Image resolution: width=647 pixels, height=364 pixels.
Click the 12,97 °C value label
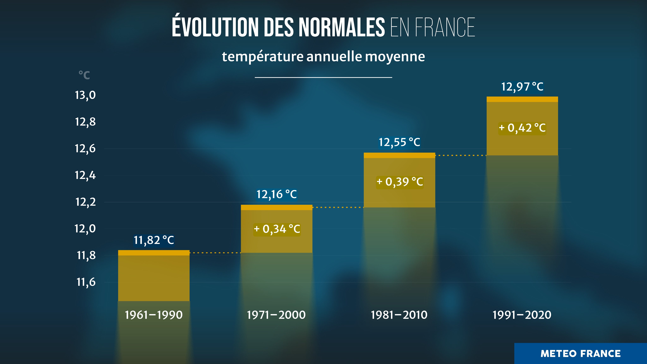point(522,87)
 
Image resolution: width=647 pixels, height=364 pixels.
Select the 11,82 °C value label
point(154,240)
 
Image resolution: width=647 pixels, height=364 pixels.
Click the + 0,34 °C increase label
point(277,229)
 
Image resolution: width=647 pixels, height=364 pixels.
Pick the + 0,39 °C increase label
point(400,182)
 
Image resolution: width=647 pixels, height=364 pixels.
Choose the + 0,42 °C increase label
point(522,128)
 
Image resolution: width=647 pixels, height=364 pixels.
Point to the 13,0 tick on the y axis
point(85,95)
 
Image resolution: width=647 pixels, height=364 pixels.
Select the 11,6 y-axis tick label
point(86,282)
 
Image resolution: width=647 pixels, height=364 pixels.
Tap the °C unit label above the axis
point(84,75)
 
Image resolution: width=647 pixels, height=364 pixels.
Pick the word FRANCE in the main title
point(445,27)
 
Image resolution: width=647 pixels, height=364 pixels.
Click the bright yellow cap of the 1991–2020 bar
point(522,99)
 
